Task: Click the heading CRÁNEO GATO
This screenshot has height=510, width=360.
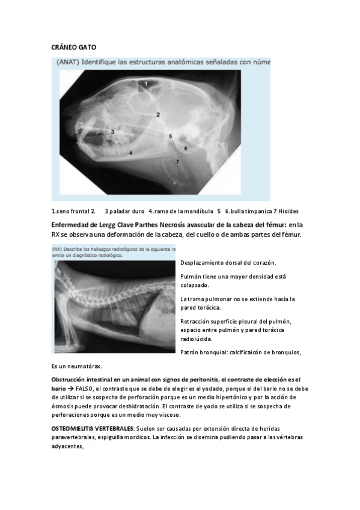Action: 74,46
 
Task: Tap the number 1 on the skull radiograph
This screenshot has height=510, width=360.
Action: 145,85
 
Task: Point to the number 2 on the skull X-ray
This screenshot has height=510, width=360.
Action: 158,114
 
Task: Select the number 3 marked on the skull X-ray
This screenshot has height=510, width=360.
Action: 113,131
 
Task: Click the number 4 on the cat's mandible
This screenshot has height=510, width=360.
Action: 130,153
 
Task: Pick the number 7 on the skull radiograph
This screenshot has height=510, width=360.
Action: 177,162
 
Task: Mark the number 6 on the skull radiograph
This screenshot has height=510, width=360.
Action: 185,147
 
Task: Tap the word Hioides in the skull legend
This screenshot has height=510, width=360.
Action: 287,211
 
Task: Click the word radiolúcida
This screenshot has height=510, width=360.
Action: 198,339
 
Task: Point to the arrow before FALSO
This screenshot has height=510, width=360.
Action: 71,389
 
